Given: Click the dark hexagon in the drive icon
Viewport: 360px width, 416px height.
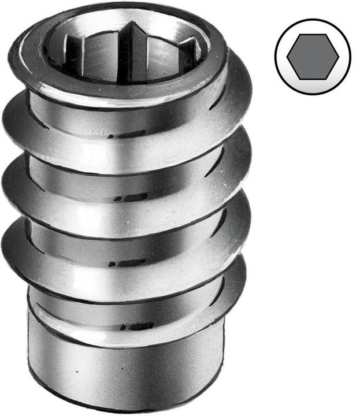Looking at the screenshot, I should tap(313, 56).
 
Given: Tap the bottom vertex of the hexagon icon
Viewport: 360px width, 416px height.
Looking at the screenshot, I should tap(313, 79).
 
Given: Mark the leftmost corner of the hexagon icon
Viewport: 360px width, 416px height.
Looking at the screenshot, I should tap(287, 57).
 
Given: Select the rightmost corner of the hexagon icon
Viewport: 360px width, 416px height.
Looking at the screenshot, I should tap(338, 57).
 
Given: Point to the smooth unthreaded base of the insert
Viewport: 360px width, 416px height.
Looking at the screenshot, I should tap(124, 370).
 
